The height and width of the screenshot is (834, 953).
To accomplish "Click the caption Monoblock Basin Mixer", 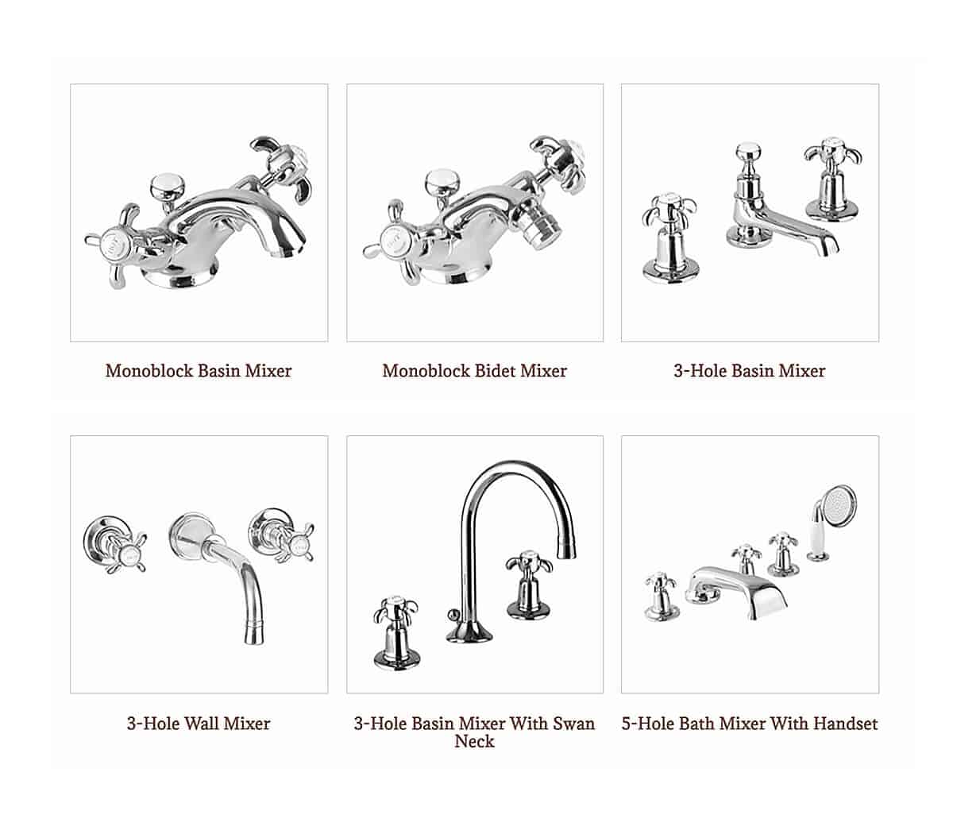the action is click(x=199, y=371).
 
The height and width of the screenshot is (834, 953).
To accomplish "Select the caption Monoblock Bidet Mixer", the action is click(x=475, y=371).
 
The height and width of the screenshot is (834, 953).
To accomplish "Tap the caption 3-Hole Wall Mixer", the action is click(x=199, y=724).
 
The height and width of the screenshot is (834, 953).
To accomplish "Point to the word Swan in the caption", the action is click(x=574, y=724).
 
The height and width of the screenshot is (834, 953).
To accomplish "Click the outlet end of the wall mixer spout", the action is click(x=254, y=636).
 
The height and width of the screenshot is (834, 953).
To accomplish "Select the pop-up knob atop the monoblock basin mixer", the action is click(x=168, y=187).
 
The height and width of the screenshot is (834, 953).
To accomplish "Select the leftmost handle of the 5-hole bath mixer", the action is click(x=661, y=597).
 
